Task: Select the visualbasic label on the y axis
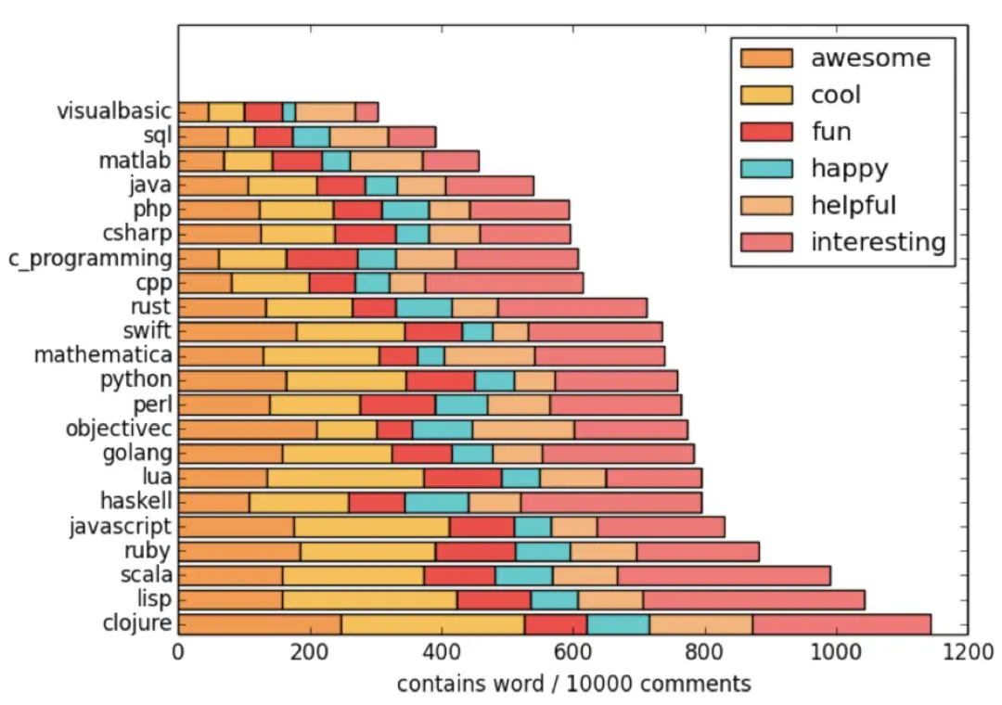click(114, 111)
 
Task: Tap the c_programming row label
click(89, 258)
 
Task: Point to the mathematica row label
click(103, 355)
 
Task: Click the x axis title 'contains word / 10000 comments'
click(573, 685)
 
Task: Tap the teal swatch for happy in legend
click(766, 168)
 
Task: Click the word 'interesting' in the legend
click(878, 242)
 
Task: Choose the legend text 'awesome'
click(870, 58)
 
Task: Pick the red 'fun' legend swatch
click(766, 132)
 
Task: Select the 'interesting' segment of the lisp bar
click(753, 599)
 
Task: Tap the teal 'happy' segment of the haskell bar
click(437, 503)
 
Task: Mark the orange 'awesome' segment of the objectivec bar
click(248, 429)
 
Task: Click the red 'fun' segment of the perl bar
click(398, 404)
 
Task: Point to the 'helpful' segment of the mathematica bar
click(489, 355)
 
